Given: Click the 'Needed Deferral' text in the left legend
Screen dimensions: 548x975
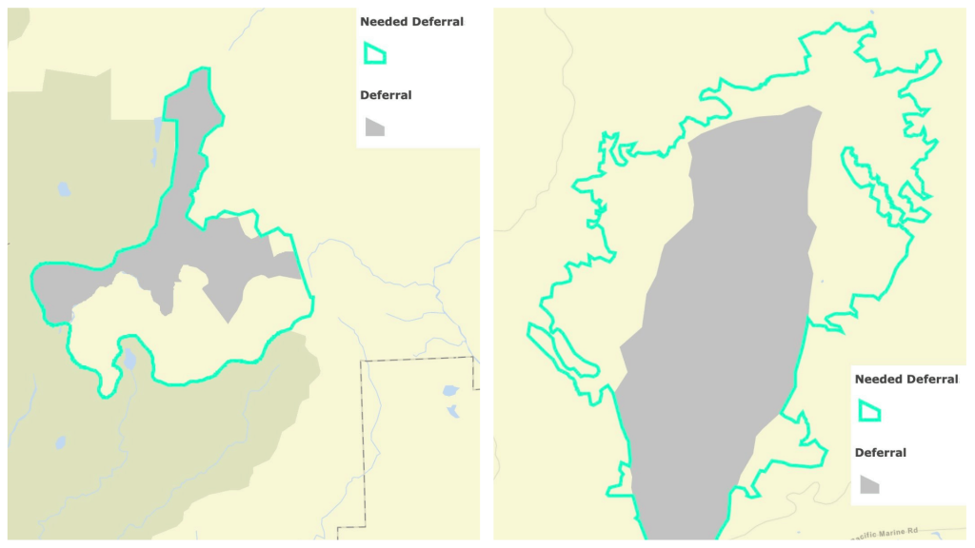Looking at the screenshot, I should [411, 21].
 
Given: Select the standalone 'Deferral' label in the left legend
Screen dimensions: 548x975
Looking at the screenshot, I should [386, 95].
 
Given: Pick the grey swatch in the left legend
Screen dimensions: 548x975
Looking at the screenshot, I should [374, 127].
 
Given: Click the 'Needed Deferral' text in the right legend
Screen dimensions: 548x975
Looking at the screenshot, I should [906, 379].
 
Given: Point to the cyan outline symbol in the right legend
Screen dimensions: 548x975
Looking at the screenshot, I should [869, 410].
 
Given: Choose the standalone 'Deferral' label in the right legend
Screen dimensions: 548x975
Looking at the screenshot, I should [881, 453].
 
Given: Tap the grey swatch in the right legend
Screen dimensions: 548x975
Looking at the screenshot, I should [869, 484].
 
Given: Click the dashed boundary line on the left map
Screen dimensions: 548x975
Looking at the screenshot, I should [363, 447].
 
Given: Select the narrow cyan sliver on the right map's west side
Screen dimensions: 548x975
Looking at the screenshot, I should [562, 352].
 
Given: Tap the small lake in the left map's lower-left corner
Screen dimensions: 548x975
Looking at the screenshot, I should [59, 441].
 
